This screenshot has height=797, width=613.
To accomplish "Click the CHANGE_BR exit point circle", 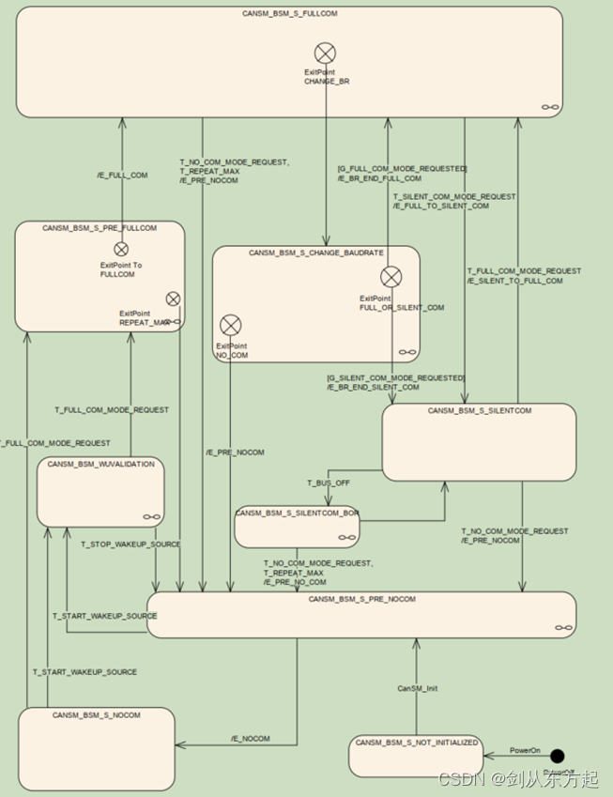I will pos(325,54).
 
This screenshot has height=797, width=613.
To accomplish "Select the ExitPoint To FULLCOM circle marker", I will pos(121,249).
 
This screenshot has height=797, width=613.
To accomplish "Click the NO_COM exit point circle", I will pos(230,326).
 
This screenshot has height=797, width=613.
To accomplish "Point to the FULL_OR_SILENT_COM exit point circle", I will pos(391,276).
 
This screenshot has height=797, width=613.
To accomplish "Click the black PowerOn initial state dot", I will pos(558,756).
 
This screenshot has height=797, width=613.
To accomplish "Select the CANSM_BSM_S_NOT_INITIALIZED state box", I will pos(416,757).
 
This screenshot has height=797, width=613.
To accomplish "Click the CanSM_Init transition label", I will pos(417,688).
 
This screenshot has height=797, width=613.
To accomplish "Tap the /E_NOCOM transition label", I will pos(250,739).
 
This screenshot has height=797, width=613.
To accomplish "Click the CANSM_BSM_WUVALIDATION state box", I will pos(100,492).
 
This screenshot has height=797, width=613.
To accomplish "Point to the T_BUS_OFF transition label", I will pos(328,482).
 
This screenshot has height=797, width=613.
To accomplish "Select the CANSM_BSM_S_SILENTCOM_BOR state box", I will pos(297,527).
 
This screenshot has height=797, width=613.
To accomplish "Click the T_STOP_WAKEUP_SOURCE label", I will pos(130,544).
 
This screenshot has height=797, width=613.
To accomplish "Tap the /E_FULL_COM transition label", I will pos(122,176).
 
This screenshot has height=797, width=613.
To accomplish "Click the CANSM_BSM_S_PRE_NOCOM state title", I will pos(361,599).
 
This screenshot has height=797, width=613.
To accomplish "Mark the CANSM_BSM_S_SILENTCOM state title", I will pos(479,410).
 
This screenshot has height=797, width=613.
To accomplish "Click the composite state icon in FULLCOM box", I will pos(550,108).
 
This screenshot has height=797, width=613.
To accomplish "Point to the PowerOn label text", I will pos(526,750).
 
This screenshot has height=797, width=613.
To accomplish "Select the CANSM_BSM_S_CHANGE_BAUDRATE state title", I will pos(315,253).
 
